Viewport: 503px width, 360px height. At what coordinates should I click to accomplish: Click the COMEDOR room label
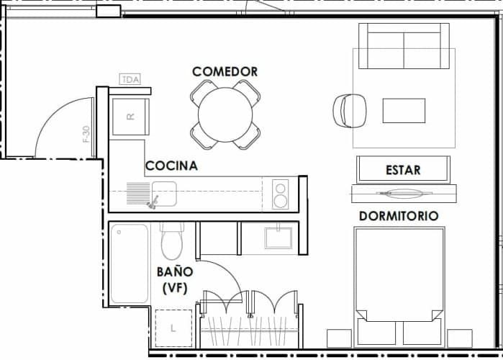[225, 71]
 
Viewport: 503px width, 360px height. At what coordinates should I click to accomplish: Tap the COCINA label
[171, 166]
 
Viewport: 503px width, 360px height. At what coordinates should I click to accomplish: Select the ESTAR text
[403, 171]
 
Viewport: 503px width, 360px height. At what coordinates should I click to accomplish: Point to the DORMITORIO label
[398, 215]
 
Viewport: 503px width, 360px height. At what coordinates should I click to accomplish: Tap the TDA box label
[130, 79]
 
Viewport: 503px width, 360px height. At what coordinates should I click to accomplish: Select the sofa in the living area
[404, 46]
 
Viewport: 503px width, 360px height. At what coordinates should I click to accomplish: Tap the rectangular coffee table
[404, 110]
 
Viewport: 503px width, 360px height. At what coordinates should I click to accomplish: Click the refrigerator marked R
[130, 116]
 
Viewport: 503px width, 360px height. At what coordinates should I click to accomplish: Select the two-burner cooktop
[281, 195]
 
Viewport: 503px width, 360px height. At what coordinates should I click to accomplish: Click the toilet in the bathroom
[173, 241]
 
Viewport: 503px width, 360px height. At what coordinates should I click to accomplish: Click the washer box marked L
[173, 328]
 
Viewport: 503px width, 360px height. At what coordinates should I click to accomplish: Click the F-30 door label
[86, 135]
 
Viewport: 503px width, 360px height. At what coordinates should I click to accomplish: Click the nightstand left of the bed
[339, 338]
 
